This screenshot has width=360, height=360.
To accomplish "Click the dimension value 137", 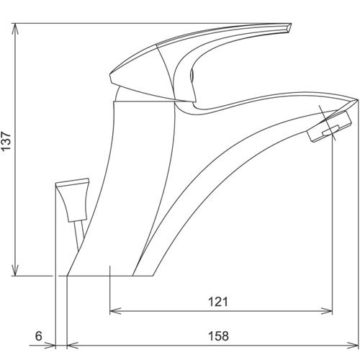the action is coord(6,141).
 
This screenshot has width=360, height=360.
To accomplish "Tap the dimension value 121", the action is coord(218,302).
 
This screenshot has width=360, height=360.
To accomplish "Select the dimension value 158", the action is coord(218,336).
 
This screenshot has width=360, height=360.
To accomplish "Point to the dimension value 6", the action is coord(39,336).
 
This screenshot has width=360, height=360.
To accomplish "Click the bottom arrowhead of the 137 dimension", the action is coord(16,271).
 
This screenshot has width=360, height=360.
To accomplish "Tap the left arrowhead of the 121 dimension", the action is coord(115,312).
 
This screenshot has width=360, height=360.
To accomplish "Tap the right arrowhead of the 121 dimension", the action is coord(327,312).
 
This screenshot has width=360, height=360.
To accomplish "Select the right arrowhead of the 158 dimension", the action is coord(353,346).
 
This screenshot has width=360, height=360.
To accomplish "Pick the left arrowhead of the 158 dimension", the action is coord(73,346).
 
